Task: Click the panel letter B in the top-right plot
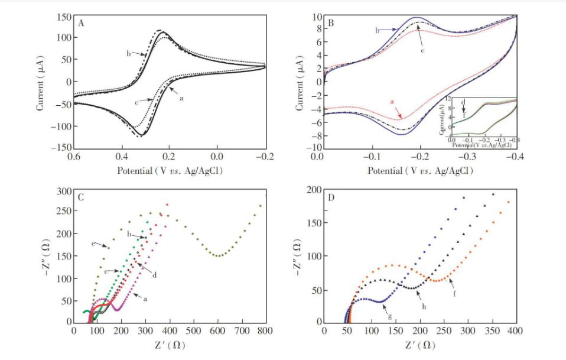click(x=331, y=23)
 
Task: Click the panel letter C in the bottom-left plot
click(x=82, y=197)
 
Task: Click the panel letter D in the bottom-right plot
click(x=331, y=196)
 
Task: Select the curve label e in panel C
click(x=93, y=244)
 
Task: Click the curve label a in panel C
click(x=145, y=299)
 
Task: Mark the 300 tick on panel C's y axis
click(x=63, y=191)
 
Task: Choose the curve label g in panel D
click(x=390, y=316)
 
